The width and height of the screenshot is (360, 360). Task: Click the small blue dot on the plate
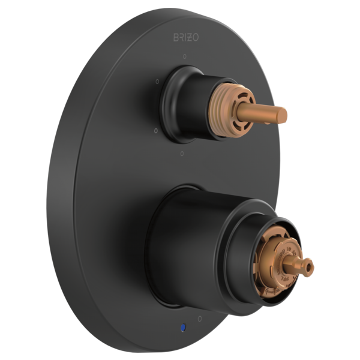(x=182, y=328)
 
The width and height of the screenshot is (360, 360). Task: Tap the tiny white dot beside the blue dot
(x=200, y=318)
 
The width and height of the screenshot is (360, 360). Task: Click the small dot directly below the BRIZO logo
(x=185, y=56)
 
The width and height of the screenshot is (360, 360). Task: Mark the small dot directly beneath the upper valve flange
(x=183, y=154)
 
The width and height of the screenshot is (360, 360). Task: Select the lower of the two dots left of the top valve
(x=156, y=130)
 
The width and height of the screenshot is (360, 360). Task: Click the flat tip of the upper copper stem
(x=284, y=112)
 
